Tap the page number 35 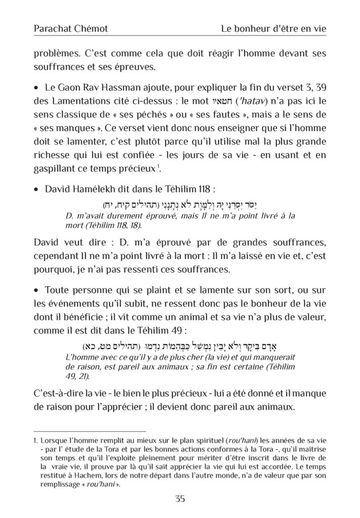coord(180,499)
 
